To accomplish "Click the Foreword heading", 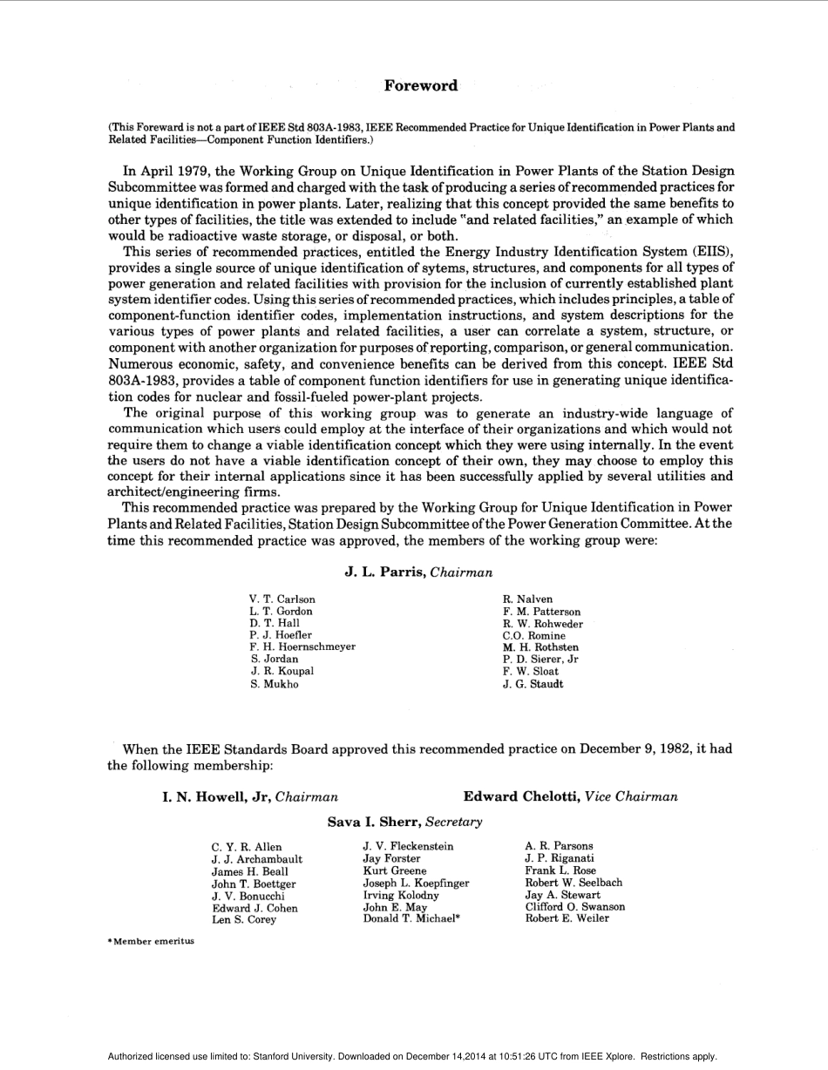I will click(x=420, y=85).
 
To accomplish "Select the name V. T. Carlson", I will click(x=282, y=599).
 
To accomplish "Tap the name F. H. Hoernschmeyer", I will click(x=302, y=647).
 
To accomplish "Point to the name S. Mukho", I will click(x=275, y=684).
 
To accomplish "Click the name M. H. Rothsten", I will click(x=540, y=647).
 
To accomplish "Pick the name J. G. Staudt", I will click(x=533, y=684).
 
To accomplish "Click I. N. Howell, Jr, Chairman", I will click(x=250, y=796).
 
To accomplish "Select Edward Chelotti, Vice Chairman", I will click(x=570, y=796).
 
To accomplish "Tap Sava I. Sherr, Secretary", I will click(x=404, y=822).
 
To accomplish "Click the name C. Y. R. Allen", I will click(x=247, y=847).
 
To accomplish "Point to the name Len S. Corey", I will click(x=244, y=920).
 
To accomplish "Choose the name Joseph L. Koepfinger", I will click(x=416, y=884).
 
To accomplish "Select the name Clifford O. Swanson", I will click(x=574, y=907).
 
